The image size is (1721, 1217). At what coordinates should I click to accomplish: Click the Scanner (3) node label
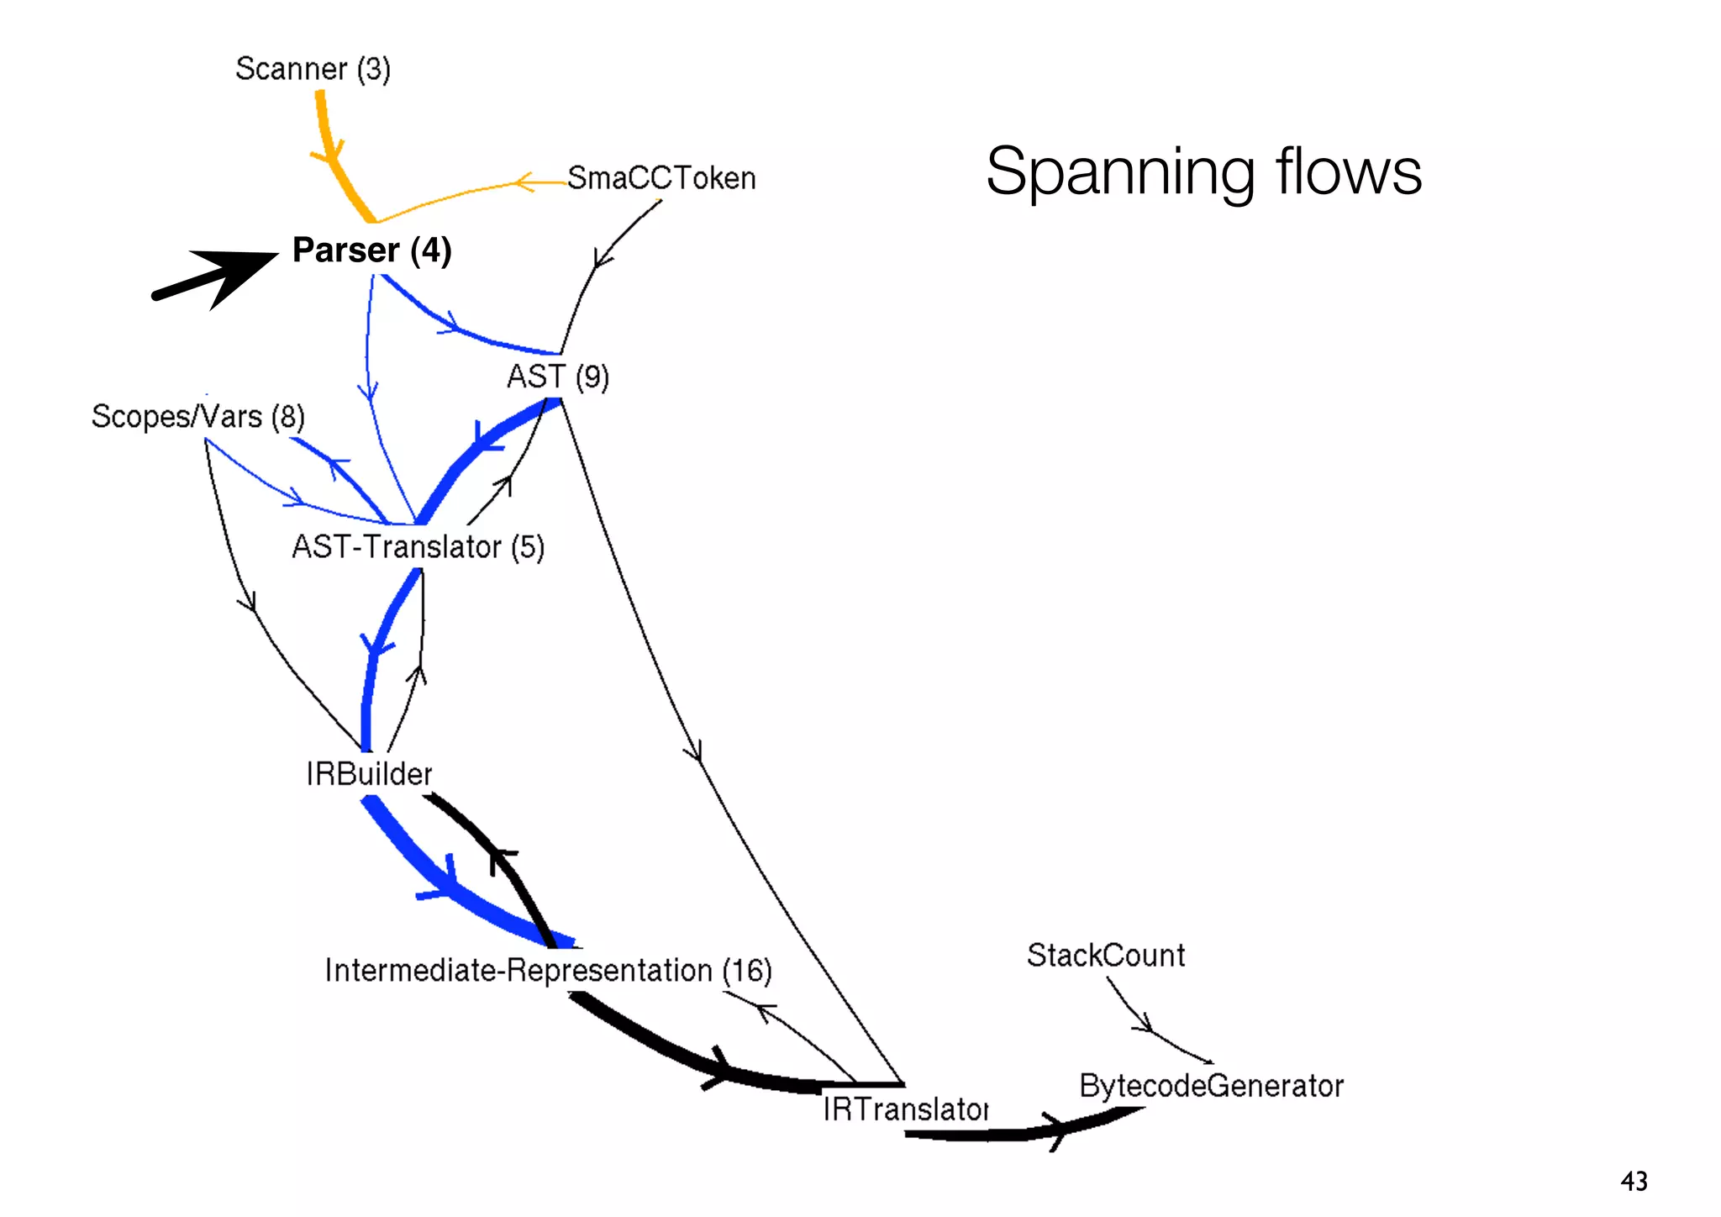pos(313,69)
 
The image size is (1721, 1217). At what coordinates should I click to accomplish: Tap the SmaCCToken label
pos(661,178)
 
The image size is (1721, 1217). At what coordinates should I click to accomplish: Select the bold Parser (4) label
pos(371,250)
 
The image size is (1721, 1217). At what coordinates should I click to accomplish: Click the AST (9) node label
pos(557,377)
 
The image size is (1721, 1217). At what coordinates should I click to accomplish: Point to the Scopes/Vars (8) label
pos(197,417)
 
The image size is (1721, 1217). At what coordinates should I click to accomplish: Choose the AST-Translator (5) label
pos(418,547)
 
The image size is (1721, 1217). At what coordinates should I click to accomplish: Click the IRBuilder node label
pos(369,774)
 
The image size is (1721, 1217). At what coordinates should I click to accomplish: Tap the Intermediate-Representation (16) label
pos(548,971)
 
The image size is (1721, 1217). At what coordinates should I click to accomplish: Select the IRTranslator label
pos(905,1109)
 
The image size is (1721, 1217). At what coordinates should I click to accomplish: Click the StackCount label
pos(1106,956)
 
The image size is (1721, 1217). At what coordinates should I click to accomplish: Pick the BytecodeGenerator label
pos(1211,1086)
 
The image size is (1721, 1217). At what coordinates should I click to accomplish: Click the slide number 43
pos(1634,1181)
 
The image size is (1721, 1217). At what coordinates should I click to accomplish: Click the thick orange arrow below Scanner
pos(330,151)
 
